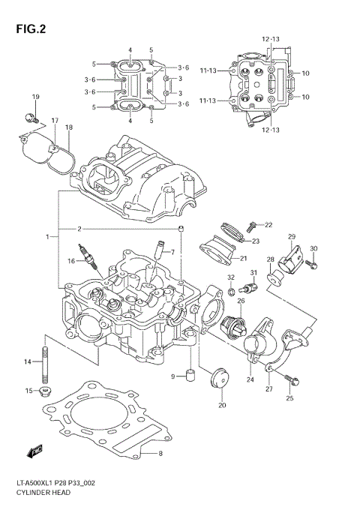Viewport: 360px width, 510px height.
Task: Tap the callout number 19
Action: (x=34, y=98)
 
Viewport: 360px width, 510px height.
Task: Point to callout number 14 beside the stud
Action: (x=28, y=362)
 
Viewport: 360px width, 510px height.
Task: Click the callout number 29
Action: (x=292, y=237)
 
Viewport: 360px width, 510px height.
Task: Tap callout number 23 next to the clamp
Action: (x=255, y=241)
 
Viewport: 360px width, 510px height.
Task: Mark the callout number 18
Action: (x=68, y=127)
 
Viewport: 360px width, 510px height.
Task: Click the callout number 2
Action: (x=79, y=228)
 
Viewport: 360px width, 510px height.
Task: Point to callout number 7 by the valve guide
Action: (x=172, y=252)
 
